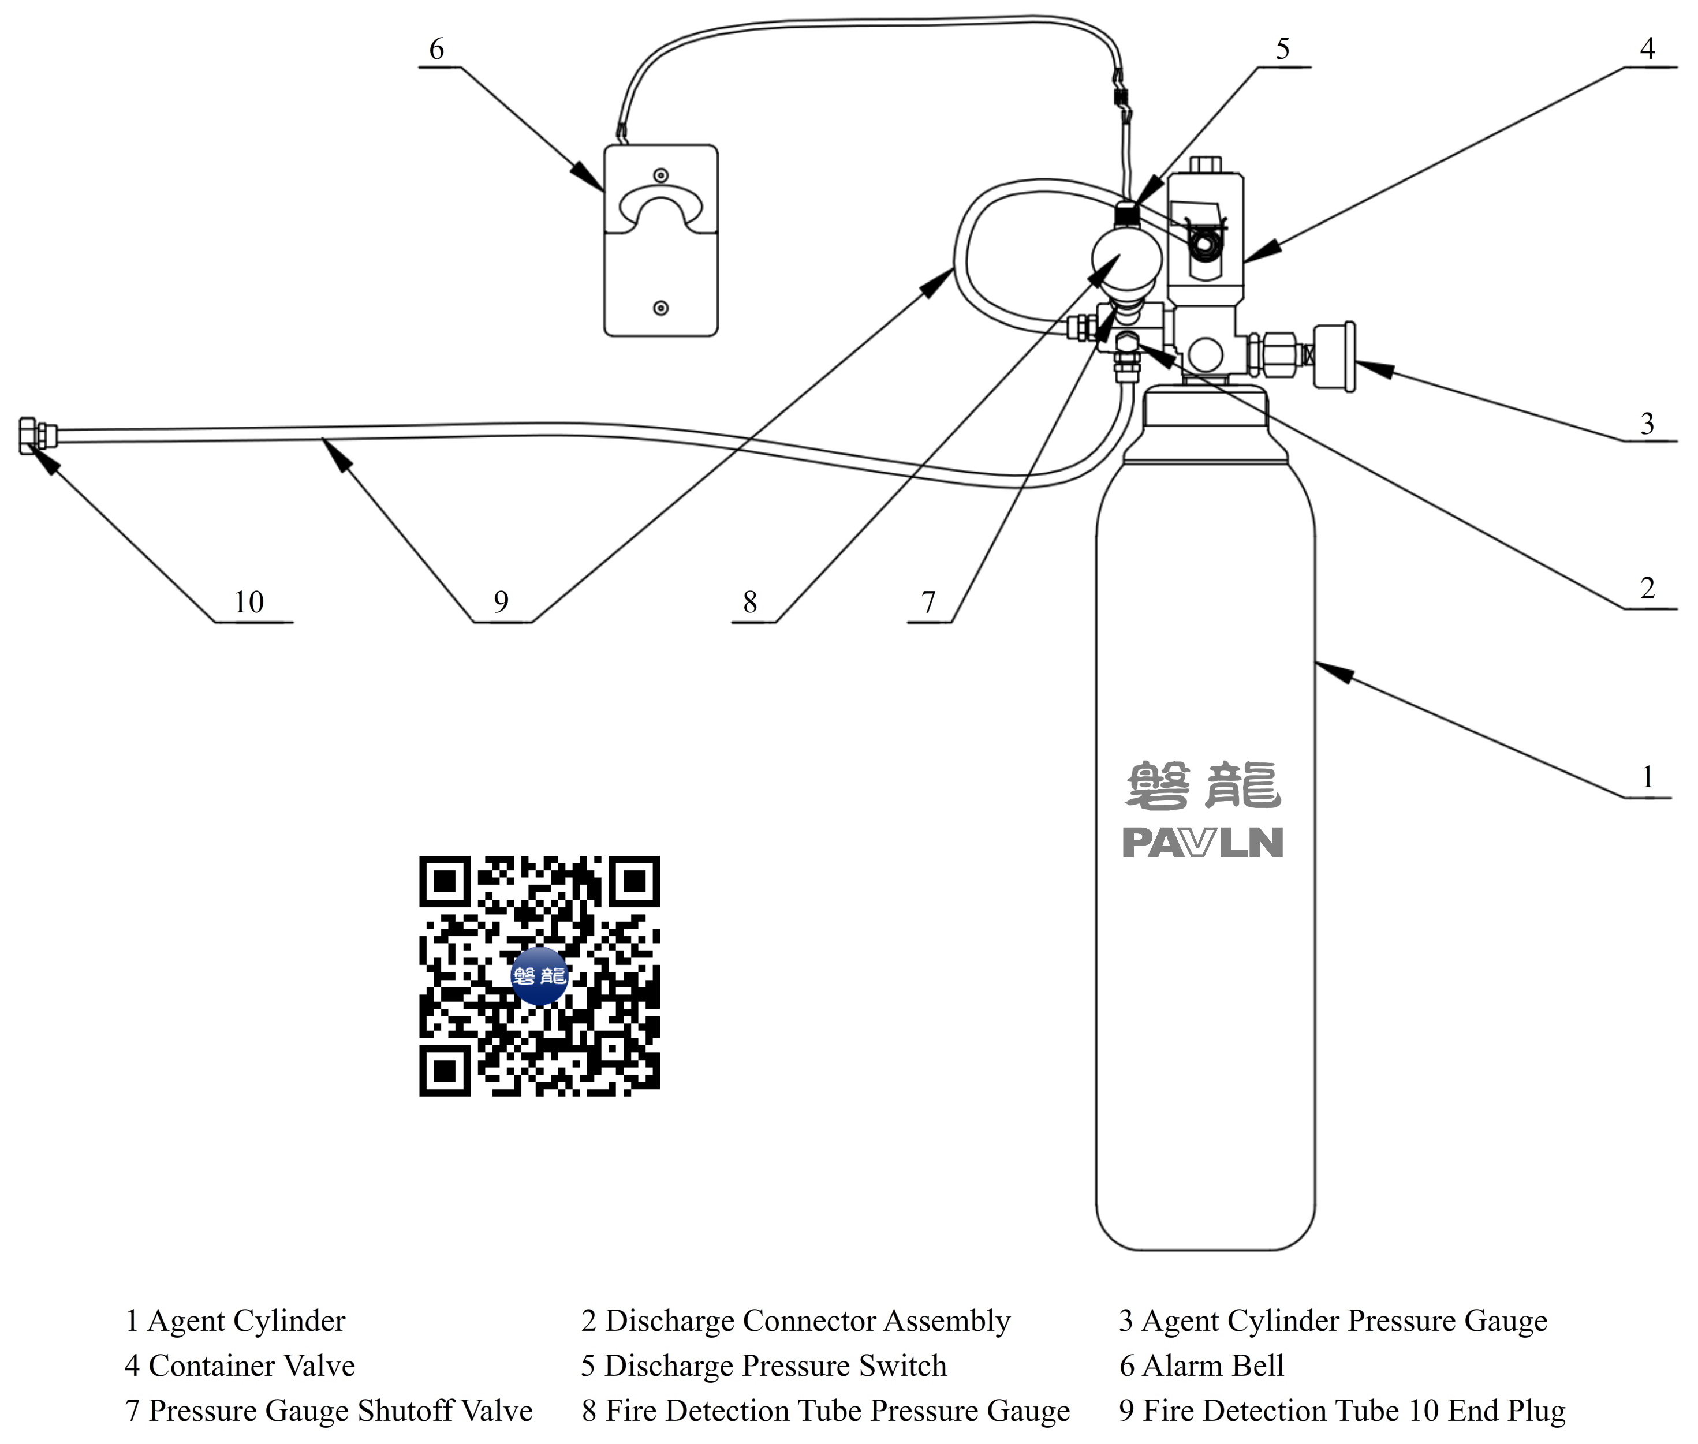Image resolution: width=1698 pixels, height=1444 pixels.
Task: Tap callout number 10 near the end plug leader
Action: (x=249, y=603)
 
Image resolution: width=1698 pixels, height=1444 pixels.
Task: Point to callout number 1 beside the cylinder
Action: (x=1647, y=776)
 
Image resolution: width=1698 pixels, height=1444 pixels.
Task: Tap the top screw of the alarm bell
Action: (x=660, y=175)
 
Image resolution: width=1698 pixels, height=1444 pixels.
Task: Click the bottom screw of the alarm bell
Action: (x=660, y=308)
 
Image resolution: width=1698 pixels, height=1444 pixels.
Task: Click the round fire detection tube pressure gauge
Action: (x=1126, y=258)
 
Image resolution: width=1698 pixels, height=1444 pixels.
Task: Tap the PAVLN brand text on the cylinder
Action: (x=1202, y=843)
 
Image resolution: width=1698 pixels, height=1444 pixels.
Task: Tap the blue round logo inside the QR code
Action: (x=539, y=976)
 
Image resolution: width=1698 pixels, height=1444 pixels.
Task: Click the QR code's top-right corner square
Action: (x=635, y=881)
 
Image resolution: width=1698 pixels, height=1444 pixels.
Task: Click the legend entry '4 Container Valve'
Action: (x=240, y=1366)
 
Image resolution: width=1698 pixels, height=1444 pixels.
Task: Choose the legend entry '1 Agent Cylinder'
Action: (x=235, y=1321)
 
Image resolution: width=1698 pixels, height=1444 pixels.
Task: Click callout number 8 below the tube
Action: (x=749, y=603)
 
